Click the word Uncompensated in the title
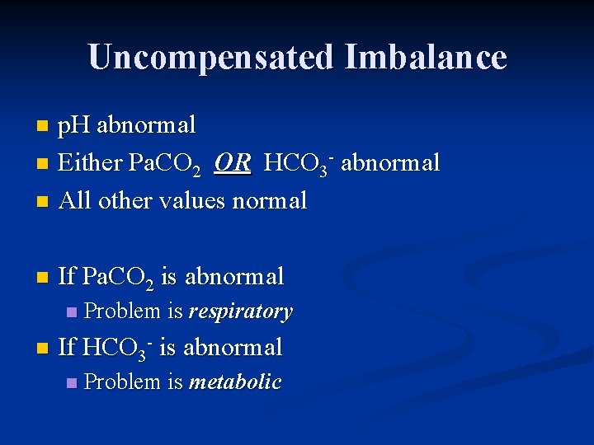210,58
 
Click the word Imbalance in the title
426,58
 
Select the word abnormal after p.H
146,125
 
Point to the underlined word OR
232,163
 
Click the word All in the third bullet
75,200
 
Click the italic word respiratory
240,311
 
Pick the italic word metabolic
235,382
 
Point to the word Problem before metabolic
122,382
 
